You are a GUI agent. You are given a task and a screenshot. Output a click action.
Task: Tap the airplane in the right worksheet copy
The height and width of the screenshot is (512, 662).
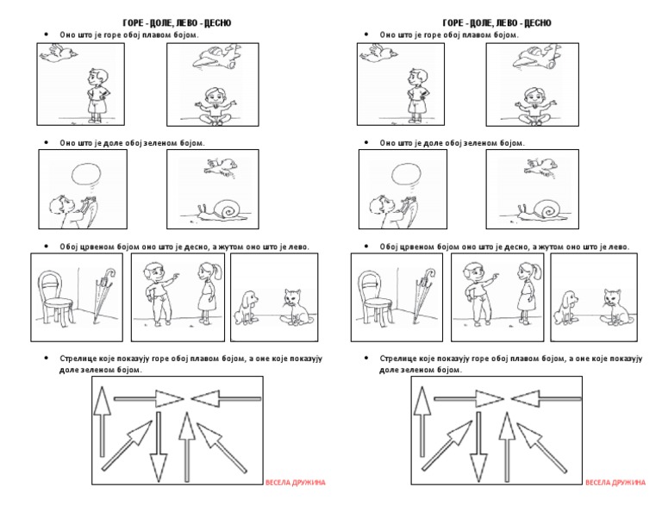click(529, 58)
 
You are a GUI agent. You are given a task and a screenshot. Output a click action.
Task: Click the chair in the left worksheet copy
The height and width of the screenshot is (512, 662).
click(53, 296)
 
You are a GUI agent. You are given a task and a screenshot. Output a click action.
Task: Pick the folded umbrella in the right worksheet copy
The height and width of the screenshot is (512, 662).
click(423, 296)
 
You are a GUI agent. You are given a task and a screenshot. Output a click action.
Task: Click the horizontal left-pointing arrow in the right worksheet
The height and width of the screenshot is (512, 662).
click(546, 398)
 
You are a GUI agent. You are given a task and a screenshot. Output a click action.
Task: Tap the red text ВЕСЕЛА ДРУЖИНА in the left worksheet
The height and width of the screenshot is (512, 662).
click(295, 482)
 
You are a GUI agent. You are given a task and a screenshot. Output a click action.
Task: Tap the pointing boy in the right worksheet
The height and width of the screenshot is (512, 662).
click(476, 293)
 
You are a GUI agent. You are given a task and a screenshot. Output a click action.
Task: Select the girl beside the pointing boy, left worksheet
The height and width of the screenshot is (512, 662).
click(205, 294)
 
